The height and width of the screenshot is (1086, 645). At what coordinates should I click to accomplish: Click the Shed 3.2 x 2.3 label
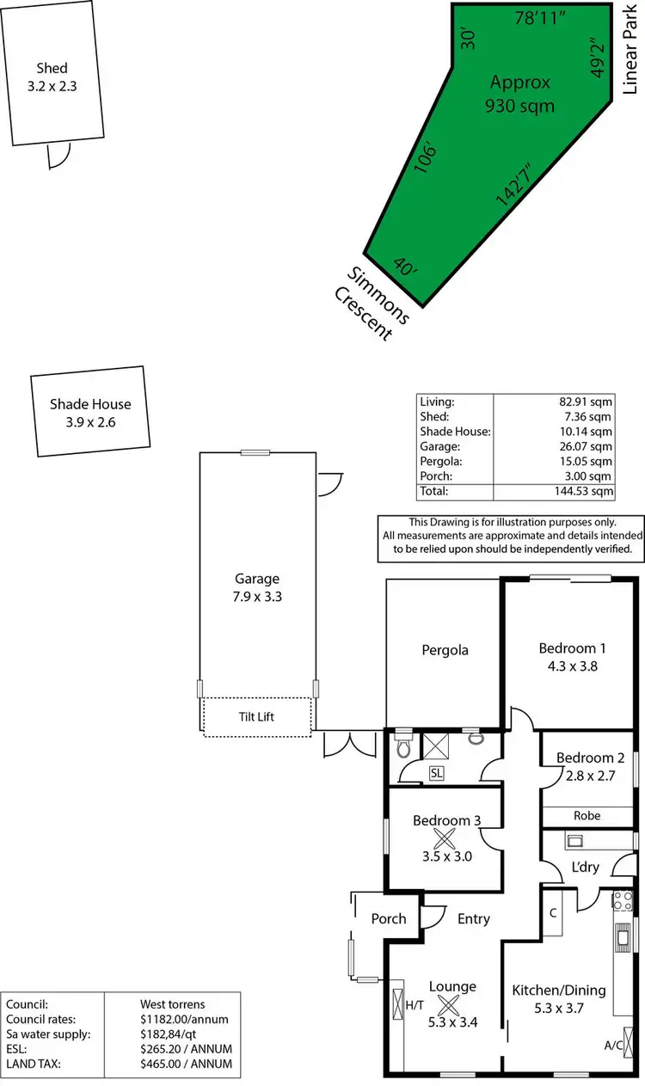point(52,77)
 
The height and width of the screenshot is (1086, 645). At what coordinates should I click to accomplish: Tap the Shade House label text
point(90,404)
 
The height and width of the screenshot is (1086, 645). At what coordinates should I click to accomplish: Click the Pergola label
point(445,650)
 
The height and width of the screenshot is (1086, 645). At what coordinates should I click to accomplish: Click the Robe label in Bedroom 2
point(588,815)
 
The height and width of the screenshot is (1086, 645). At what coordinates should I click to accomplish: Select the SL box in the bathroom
point(437,773)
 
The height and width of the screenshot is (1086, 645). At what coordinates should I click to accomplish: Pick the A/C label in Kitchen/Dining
point(614,1046)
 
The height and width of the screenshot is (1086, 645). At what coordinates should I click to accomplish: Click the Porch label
point(388,918)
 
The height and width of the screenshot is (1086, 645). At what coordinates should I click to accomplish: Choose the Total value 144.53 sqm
point(583,491)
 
